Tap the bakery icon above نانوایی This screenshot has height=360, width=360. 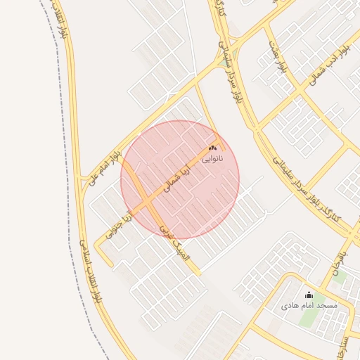point(212,148)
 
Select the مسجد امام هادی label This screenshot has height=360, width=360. point(309,306)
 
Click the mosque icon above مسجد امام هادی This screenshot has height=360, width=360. point(309,295)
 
